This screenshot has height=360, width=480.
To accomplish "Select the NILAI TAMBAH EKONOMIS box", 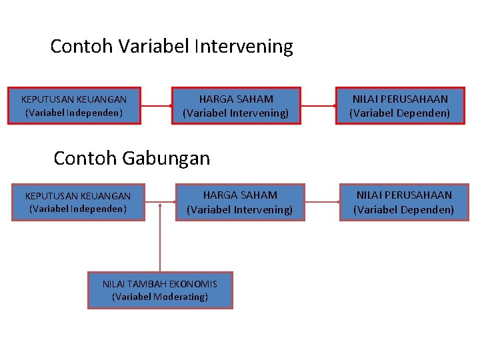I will tap(160, 290).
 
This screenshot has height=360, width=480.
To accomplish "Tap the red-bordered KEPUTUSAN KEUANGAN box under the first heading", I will tap(74, 106).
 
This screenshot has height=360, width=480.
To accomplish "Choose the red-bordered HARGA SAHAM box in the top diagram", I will tap(236, 106).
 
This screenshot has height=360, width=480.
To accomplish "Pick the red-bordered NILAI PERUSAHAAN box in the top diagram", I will tap(400, 106).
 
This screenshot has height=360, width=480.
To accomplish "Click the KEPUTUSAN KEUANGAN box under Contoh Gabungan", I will tap(78, 202).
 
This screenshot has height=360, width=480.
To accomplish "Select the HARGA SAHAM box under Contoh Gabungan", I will tap(240, 202).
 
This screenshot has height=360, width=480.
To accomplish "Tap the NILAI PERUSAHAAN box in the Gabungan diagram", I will tap(403, 202).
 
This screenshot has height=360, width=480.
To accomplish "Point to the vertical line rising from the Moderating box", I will tap(160, 240).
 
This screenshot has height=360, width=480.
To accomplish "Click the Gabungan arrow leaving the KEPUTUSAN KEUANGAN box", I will tap(153, 202).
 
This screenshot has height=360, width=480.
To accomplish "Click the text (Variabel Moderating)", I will tap(160, 297).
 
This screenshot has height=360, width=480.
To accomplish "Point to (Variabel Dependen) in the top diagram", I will tap(400, 113).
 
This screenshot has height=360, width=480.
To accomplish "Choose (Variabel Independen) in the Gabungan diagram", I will tap(78, 209).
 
